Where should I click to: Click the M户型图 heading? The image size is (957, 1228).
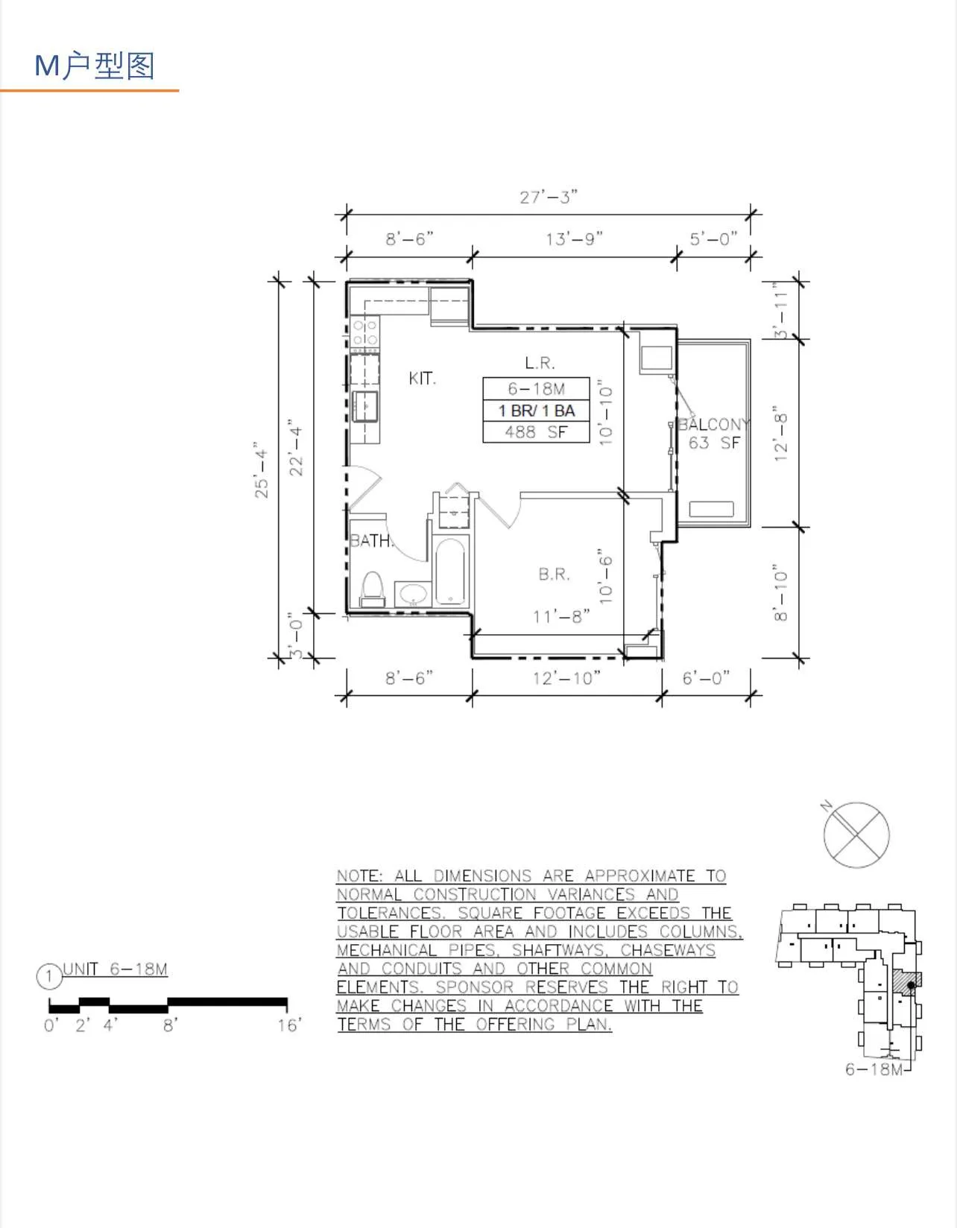click(x=95, y=66)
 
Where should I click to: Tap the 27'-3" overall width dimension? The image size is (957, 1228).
click(x=549, y=197)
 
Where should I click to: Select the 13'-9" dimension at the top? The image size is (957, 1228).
click(x=574, y=238)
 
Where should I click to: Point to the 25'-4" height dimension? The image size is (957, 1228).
click(x=262, y=469)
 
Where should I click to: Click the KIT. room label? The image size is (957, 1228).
click(x=422, y=379)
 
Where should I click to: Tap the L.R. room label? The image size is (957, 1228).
click(x=540, y=363)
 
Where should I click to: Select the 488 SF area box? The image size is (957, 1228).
click(x=536, y=432)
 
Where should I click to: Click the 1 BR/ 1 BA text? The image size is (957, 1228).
click(x=536, y=411)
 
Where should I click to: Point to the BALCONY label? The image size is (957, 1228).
click(x=713, y=424)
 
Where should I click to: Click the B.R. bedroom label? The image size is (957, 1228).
click(x=554, y=574)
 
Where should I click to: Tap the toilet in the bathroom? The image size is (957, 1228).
click(x=371, y=588)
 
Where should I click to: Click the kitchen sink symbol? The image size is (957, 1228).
click(x=365, y=405)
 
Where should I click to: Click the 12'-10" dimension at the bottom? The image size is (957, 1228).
click(x=566, y=678)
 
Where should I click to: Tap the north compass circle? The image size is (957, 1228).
click(x=856, y=835)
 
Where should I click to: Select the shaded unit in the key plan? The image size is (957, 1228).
click(x=908, y=984)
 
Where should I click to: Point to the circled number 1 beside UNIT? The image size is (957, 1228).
click(x=49, y=976)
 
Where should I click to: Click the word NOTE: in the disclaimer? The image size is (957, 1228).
click(x=359, y=876)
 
